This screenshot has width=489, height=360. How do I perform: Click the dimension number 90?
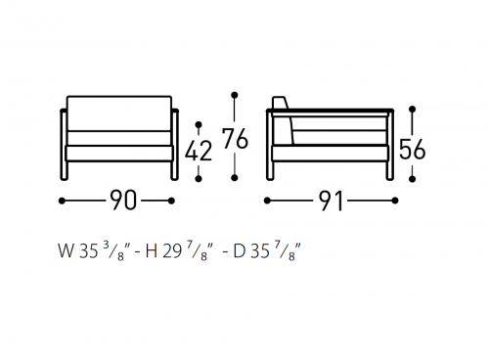tap(122, 201)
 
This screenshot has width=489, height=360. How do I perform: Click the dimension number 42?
tap(199, 152)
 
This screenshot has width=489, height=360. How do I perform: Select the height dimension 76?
tap(235, 138)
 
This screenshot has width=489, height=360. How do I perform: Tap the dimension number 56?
tap(413, 150)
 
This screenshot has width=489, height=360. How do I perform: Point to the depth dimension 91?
tap(331, 201)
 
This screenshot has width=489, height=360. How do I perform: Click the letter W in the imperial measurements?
tap(66, 251)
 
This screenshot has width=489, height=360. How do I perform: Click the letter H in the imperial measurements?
tap(152, 251)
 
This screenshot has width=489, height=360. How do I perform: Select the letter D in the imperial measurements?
tap(239, 251)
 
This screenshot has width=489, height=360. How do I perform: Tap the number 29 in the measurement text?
tap(172, 251)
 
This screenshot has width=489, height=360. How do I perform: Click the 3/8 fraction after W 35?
tap(113, 251)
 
